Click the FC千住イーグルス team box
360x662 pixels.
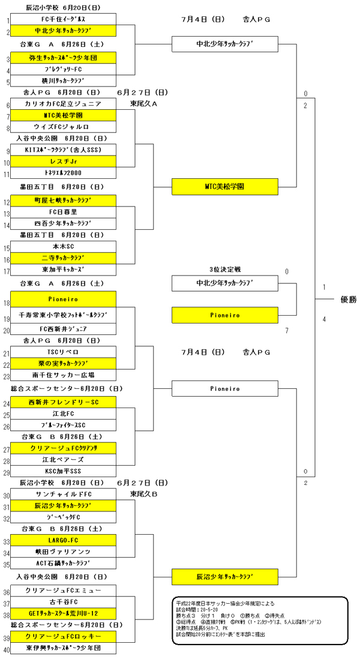click(x=63, y=19)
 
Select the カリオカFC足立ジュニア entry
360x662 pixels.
click(x=63, y=104)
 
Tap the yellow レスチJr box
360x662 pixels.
click(x=63, y=162)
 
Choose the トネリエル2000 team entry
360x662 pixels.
click(x=63, y=174)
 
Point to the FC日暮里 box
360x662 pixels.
click(x=63, y=212)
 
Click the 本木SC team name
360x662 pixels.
click(x=63, y=246)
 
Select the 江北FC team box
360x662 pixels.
click(x=63, y=414)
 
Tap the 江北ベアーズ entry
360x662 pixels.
click(x=63, y=460)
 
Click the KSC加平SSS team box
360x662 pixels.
click(x=63, y=472)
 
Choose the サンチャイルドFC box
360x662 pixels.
click(x=63, y=494)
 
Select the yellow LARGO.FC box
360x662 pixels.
click(x=63, y=540)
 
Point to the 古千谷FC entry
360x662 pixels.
click(x=63, y=601)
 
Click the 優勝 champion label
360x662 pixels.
click(x=348, y=299)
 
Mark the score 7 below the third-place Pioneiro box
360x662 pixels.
click(x=287, y=331)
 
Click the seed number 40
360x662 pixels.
click(x=7, y=649)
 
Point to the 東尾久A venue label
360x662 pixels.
click(x=143, y=104)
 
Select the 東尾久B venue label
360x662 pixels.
click(x=143, y=494)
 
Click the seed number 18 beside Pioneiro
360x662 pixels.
click(x=7, y=304)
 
